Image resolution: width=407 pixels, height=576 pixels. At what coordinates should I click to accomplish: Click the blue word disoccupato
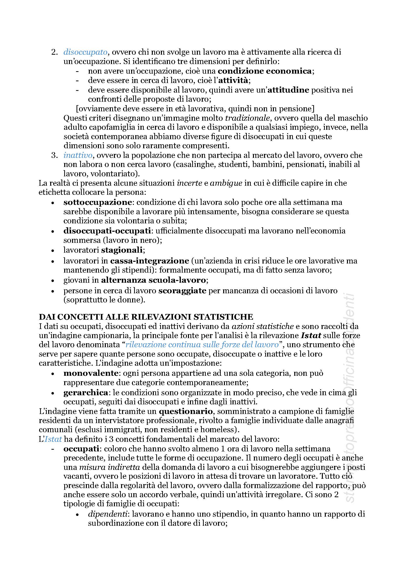(85, 52)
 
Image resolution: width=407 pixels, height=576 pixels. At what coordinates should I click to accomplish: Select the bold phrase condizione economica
(264, 71)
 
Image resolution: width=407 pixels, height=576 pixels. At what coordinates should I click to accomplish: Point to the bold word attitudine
(288, 90)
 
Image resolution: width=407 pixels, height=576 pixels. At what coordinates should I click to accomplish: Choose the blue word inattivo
(78, 155)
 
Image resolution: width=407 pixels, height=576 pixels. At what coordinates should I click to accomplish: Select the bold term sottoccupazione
(98, 202)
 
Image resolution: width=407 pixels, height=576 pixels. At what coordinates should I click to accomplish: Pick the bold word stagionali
(122, 250)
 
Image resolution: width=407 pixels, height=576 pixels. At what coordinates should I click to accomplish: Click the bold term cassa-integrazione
(149, 261)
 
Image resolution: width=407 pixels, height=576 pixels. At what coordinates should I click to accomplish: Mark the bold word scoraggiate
(182, 291)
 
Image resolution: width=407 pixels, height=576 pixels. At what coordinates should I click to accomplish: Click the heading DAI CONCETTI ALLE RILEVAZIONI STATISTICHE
(146, 317)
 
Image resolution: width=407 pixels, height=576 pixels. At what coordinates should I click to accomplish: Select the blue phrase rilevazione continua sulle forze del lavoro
(202, 345)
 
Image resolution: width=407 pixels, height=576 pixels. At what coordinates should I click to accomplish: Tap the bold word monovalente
(91, 373)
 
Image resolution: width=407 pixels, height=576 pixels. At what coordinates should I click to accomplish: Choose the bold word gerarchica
(85, 393)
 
